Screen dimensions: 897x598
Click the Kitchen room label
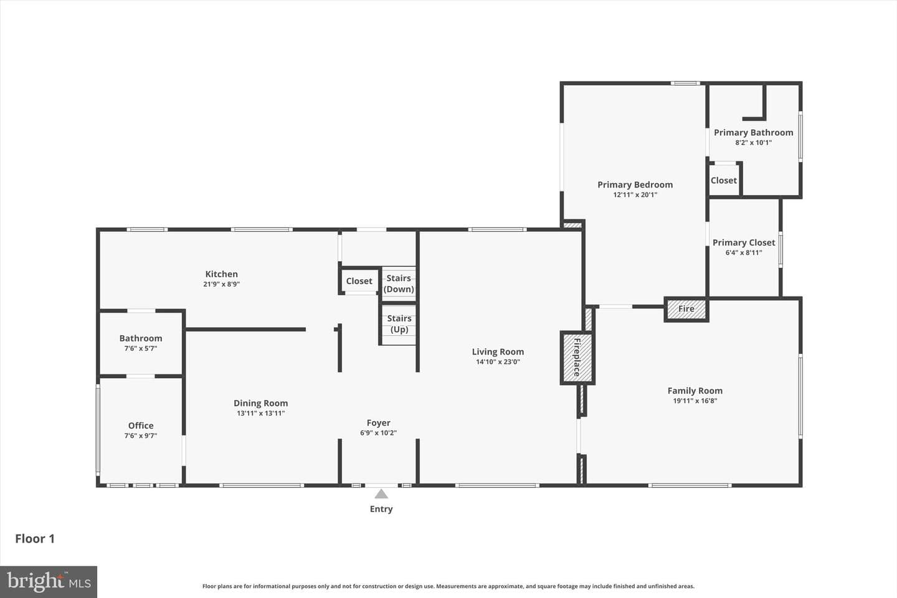point(222,274)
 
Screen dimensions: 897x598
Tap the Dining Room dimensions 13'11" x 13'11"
point(260,414)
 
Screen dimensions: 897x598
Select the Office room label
point(141,425)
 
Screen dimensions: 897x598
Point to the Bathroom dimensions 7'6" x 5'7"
point(141,348)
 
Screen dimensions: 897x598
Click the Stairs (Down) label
point(399,283)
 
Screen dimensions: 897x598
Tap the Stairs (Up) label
point(399,324)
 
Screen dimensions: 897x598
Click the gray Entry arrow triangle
point(381,494)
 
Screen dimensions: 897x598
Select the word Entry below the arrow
point(381,509)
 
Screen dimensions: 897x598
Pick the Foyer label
point(379,423)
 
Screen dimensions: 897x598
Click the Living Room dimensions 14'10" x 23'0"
point(498,362)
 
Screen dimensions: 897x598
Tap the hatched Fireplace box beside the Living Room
point(577,358)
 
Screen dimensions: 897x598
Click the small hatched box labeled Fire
point(686,309)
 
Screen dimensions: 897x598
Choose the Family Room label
point(695,391)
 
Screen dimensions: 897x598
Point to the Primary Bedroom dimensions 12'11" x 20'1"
point(635,195)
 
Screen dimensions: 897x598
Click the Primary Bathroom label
point(753,133)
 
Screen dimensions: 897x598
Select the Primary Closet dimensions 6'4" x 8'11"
point(744,253)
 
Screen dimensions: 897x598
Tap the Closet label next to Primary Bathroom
point(724,181)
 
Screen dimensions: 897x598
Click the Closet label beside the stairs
point(359,281)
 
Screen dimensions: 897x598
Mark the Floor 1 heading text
point(35,539)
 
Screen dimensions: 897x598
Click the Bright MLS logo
point(49,582)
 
